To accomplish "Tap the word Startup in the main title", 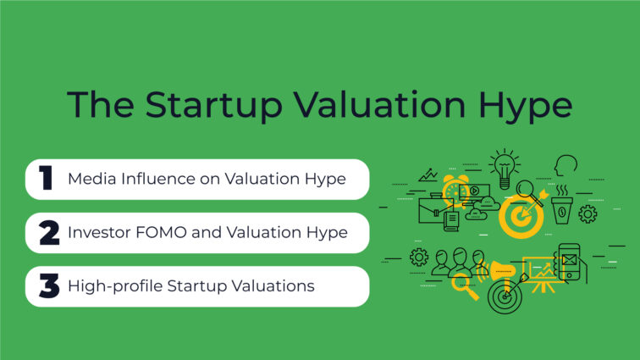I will coord(215,106).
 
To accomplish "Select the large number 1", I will coord(46,179).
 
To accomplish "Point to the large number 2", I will coord(48,232).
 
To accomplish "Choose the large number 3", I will coord(48,286).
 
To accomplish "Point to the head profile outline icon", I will coord(566,167).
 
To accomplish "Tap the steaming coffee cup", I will coord(562,209).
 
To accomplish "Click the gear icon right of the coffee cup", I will coord(588,214).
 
